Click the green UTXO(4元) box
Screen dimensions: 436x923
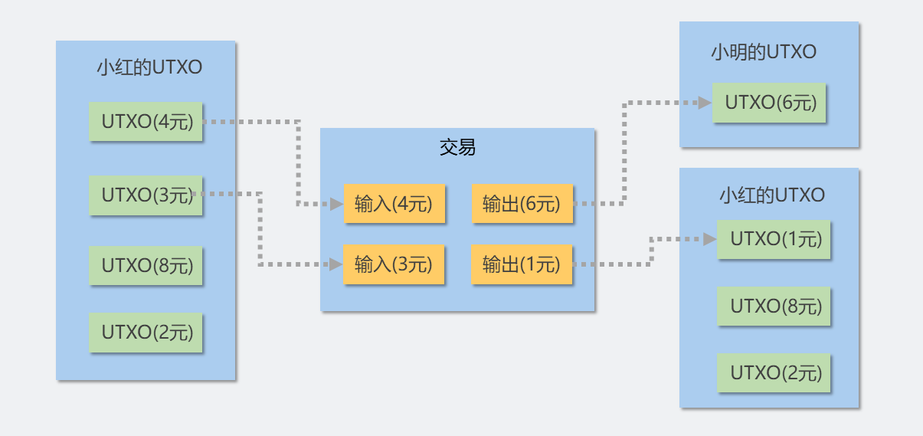click(x=146, y=122)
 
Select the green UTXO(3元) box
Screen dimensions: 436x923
click(x=146, y=195)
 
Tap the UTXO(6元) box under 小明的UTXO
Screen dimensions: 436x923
click(x=769, y=103)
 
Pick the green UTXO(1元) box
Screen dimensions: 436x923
click(x=774, y=239)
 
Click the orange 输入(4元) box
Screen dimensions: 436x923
click(x=394, y=204)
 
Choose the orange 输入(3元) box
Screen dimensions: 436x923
click(x=394, y=265)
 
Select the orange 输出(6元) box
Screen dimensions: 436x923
click(x=522, y=204)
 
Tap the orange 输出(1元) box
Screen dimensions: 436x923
click(x=522, y=265)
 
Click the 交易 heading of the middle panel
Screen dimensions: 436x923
click(x=457, y=147)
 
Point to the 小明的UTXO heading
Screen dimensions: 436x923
click(x=764, y=52)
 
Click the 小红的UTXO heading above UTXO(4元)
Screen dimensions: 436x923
click(x=149, y=67)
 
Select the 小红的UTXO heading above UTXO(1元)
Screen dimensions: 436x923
click(x=772, y=195)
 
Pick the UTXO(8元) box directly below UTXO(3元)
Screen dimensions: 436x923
click(x=146, y=266)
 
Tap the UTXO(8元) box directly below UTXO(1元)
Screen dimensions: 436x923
click(x=774, y=307)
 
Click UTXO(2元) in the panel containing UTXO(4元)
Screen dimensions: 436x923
click(x=146, y=333)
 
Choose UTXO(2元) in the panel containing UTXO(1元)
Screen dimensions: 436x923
click(x=774, y=373)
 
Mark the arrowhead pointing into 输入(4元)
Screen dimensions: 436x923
click(x=336, y=205)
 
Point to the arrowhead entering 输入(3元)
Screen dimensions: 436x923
click(x=335, y=264)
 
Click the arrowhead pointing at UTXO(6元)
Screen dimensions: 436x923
click(x=705, y=103)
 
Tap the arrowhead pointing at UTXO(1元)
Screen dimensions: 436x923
click(x=710, y=239)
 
